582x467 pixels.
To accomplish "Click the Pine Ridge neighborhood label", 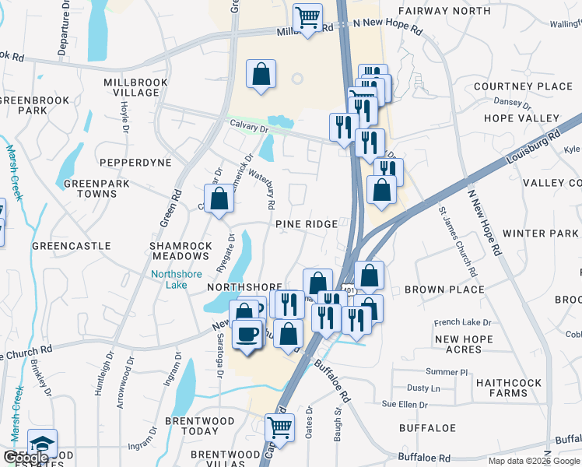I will click(307, 224).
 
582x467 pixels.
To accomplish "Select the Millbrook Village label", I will click(131, 86).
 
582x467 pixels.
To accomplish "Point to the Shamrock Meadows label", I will click(181, 251).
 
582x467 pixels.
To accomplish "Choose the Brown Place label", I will click(434, 290).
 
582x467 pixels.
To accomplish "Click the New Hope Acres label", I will click(469, 345).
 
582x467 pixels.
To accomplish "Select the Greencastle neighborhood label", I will click(71, 246).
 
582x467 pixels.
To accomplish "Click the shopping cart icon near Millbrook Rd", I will click(308, 17).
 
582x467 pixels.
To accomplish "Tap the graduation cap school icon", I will click(42, 444).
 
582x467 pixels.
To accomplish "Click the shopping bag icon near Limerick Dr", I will click(219, 198).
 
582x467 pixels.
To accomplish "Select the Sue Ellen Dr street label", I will click(405, 405).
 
